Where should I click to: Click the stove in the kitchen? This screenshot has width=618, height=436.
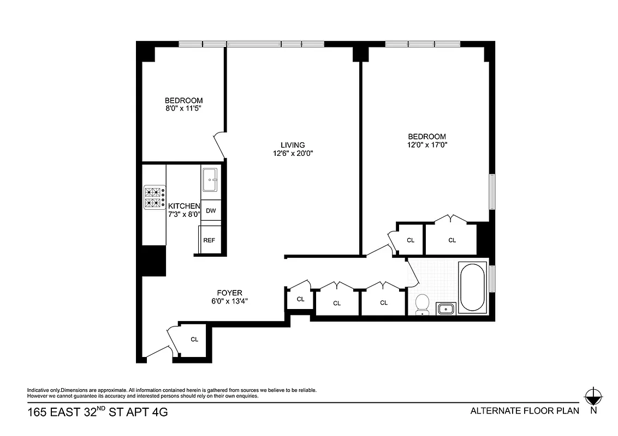click(154, 198)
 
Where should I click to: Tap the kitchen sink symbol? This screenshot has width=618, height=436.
click(210, 180)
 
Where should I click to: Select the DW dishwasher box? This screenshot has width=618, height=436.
click(210, 210)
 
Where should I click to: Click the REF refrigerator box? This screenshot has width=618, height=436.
click(209, 240)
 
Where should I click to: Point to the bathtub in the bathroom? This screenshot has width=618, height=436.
click(473, 287)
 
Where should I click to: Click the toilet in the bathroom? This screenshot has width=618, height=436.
click(422, 305)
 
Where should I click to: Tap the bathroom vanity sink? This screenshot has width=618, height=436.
click(446, 309)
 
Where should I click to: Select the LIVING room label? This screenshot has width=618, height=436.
click(293, 144)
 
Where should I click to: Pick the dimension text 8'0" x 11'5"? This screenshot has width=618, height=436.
click(184, 109)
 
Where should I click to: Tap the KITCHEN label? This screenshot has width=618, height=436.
click(184, 206)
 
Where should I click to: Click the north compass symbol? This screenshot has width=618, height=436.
click(592, 396)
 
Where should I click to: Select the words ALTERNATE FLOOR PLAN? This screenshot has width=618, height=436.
click(525, 411)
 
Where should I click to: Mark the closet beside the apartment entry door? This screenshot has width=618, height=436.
click(194, 339)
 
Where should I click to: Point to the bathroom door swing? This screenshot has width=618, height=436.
click(413, 271)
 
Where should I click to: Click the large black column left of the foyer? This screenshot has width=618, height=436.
click(154, 260)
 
